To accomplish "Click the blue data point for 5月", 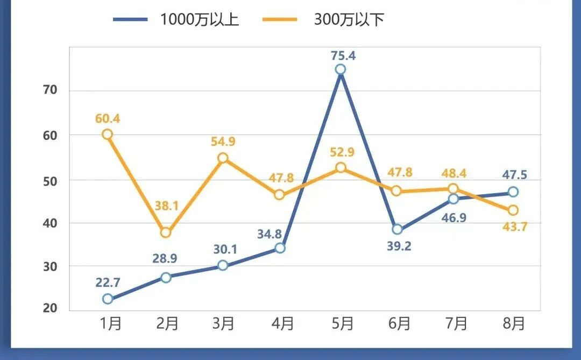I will pyautogui.click(x=340, y=69).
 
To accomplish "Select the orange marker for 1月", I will pyautogui.click(x=108, y=135).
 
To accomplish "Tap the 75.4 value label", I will pyautogui.click(x=343, y=55).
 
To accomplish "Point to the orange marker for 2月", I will pyautogui.click(x=166, y=232).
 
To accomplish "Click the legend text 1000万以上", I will pyautogui.click(x=200, y=19).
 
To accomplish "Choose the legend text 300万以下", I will pyautogui.click(x=349, y=19).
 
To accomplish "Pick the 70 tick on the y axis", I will pyautogui.click(x=49, y=90).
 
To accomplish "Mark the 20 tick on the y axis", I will pyautogui.click(x=49, y=308).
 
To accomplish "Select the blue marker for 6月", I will pyautogui.click(x=397, y=229).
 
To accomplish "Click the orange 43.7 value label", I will pyautogui.click(x=515, y=227).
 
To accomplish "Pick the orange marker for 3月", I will pyautogui.click(x=223, y=158).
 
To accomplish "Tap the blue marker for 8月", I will pyautogui.click(x=513, y=192).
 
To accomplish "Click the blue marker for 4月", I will pyautogui.click(x=280, y=248).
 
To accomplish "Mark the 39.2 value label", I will pyautogui.click(x=400, y=246).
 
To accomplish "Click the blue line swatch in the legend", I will pyautogui.click(x=130, y=19).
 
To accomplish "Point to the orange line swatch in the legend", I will pyautogui.click(x=280, y=19).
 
